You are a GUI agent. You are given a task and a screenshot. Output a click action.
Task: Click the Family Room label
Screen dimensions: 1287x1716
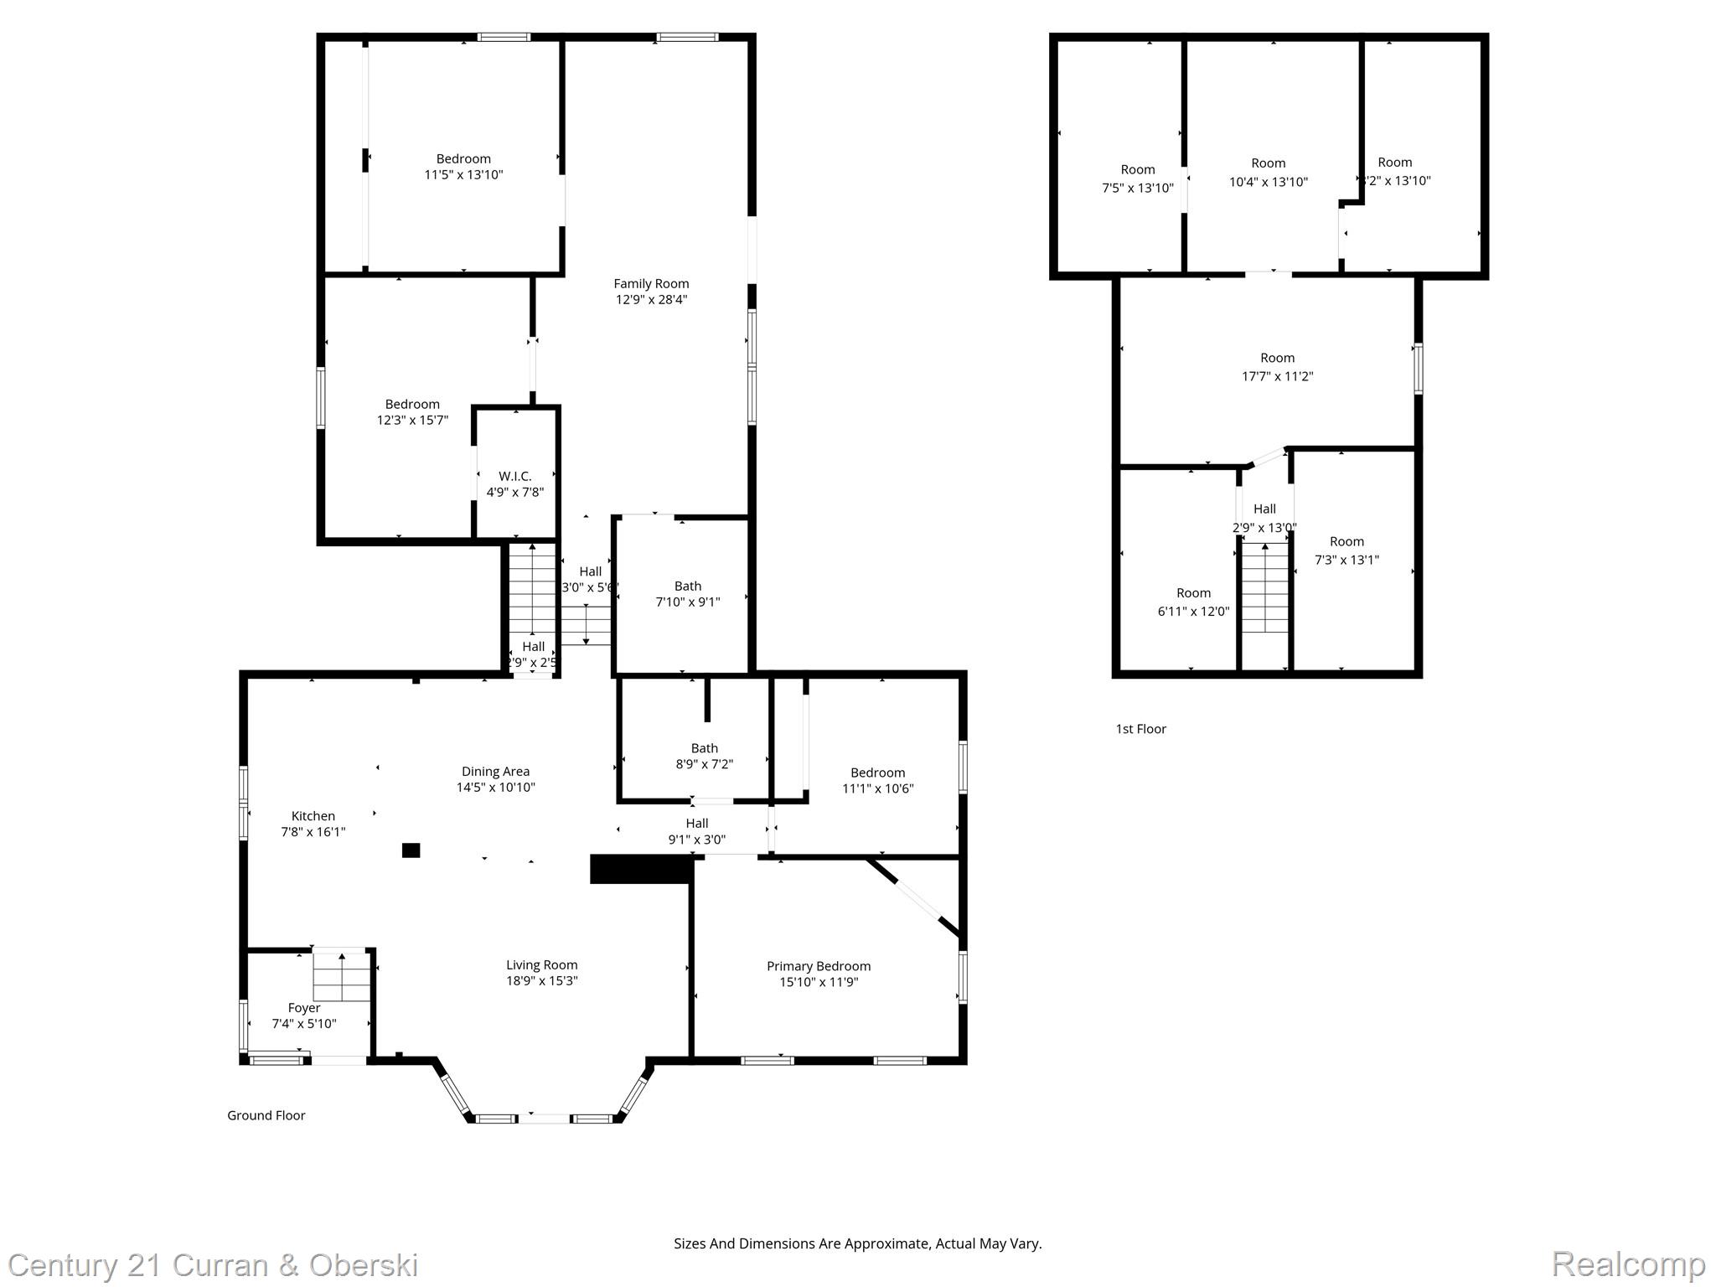(651, 284)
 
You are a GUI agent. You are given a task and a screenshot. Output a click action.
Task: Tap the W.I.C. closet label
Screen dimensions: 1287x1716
(514, 476)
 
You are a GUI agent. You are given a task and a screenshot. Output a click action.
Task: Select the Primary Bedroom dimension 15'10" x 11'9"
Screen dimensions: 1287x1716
(818, 982)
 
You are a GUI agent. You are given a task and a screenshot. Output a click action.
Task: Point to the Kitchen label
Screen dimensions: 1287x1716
(313, 816)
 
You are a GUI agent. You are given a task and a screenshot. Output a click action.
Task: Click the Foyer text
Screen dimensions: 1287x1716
(304, 1008)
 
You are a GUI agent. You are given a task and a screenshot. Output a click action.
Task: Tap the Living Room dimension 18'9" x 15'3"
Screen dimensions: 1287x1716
(541, 981)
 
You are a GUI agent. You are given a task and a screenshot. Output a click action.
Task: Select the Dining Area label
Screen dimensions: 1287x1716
(495, 772)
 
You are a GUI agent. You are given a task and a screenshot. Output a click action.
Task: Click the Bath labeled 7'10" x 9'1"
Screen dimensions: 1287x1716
(687, 587)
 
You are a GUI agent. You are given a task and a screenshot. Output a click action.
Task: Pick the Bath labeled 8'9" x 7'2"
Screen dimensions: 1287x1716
(704, 748)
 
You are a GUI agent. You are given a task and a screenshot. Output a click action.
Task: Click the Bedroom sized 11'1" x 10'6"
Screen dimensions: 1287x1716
(877, 773)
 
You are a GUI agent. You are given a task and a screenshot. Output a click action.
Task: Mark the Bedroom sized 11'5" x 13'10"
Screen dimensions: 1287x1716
(463, 159)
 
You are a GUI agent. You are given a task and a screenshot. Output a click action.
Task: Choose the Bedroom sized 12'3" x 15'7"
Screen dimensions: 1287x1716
(412, 405)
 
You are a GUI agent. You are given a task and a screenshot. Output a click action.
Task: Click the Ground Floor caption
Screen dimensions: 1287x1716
(266, 1115)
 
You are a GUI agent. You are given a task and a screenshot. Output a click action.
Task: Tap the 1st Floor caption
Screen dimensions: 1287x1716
(1140, 729)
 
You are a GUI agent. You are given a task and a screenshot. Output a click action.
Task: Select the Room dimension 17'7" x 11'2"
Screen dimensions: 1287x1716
(1277, 376)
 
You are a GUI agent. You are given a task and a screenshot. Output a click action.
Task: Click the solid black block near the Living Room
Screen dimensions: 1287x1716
(641, 869)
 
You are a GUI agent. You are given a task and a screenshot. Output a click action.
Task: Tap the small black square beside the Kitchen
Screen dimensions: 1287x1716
(411, 850)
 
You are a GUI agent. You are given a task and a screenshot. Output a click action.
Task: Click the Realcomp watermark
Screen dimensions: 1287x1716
(1628, 1264)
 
